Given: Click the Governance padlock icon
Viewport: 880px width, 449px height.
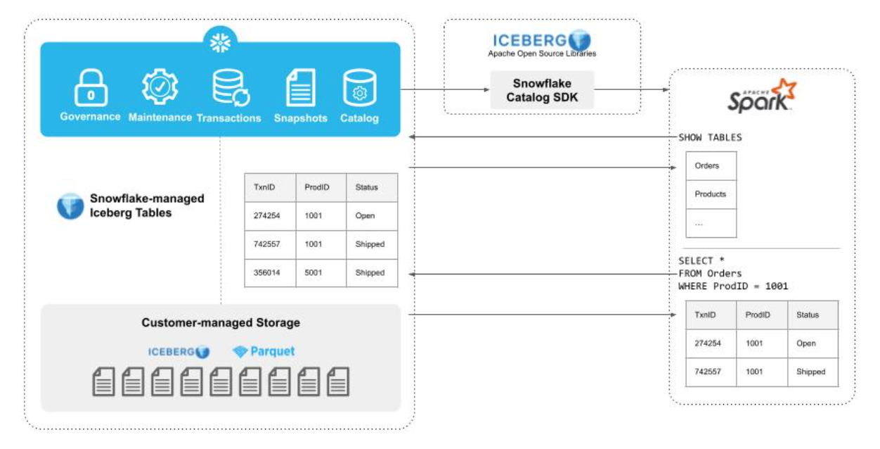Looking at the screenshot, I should pyautogui.click(x=90, y=87).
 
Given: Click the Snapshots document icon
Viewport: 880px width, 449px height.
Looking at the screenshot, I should pyautogui.click(x=300, y=88).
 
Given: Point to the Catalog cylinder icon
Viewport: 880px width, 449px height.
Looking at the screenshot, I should pyautogui.click(x=359, y=88).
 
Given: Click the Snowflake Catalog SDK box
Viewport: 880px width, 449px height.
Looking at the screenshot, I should pyautogui.click(x=542, y=90).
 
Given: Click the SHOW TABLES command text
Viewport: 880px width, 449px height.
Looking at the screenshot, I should pyautogui.click(x=710, y=137).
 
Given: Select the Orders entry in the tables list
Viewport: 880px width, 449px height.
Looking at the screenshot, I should pyautogui.click(x=707, y=166).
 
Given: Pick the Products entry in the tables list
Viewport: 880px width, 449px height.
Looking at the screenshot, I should pyautogui.click(x=711, y=194).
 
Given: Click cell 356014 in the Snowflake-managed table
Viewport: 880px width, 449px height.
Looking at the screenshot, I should pyautogui.click(x=267, y=272).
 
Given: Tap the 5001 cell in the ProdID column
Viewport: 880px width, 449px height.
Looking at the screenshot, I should pyautogui.click(x=313, y=272).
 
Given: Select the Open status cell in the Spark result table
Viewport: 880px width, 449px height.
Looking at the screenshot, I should pyautogui.click(x=806, y=343).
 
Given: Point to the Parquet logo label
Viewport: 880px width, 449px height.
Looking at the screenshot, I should pyautogui.click(x=264, y=351).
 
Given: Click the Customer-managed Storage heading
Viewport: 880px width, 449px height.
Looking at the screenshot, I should pyautogui.click(x=221, y=323).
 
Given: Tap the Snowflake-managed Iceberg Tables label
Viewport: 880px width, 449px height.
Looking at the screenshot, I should pyautogui.click(x=147, y=205).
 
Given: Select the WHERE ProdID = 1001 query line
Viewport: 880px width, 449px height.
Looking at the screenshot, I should pyautogui.click(x=733, y=286).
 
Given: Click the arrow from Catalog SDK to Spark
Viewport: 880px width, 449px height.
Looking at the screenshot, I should pyautogui.click(x=630, y=90).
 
